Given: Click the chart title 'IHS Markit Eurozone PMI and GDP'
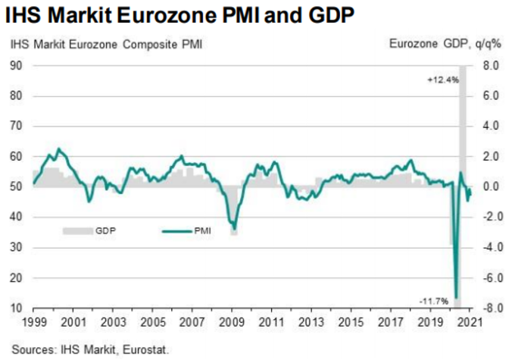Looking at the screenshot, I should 183,15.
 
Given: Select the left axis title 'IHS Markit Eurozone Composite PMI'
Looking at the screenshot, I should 106,45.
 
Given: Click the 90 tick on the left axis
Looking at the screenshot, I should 15,66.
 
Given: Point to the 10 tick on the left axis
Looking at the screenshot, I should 15,308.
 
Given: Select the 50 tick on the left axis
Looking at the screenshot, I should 15,187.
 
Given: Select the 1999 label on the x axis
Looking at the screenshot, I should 33,322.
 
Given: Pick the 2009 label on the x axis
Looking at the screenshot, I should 232,322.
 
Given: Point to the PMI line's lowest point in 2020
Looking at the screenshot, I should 457,296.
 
